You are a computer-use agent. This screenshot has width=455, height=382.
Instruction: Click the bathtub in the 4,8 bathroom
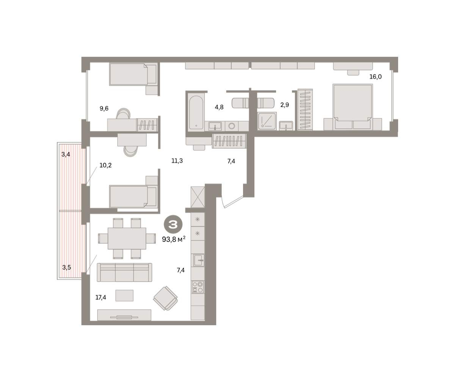tap(196, 112)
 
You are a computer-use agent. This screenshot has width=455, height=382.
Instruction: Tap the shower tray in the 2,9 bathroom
tap(267, 121)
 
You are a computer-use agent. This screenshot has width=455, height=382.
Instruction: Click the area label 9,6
tap(104, 108)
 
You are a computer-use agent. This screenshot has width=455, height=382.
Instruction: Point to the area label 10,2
tap(105, 165)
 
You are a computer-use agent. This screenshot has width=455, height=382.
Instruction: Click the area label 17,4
tap(101, 297)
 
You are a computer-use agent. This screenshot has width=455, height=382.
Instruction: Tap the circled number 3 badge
tap(173, 225)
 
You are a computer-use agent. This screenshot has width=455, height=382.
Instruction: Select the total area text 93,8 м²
tap(174, 239)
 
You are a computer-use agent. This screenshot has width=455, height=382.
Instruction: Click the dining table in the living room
tap(127, 239)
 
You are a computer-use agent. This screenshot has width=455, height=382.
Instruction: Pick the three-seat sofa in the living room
tap(124, 272)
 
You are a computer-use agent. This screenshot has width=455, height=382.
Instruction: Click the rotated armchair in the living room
tap(165, 298)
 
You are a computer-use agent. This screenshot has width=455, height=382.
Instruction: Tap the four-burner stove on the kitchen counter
tap(198, 287)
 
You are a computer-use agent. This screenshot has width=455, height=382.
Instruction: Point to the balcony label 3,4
tap(66, 154)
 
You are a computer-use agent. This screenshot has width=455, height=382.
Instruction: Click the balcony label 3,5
tap(66, 267)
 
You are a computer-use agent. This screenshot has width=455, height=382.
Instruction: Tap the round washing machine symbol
tap(231, 126)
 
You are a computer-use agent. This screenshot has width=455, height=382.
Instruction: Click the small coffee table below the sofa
tap(124, 295)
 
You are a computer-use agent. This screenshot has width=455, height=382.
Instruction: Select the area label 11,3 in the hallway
tap(177, 161)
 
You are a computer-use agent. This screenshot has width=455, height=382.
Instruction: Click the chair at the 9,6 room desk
tap(124, 114)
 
